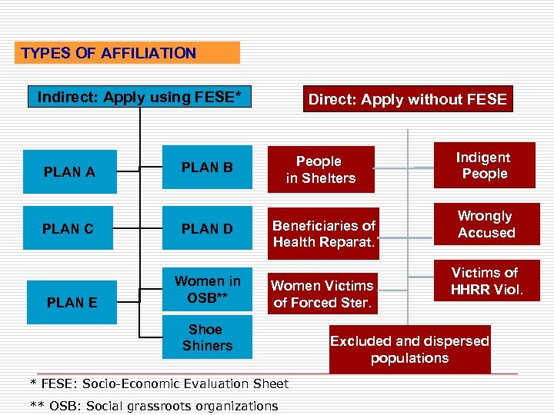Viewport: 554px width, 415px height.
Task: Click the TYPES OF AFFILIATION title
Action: [108, 53]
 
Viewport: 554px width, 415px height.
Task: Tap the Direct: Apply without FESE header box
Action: [407, 99]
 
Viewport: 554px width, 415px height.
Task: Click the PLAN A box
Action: [69, 172]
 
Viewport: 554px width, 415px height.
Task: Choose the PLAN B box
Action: [207, 167]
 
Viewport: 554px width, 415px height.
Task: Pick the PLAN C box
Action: [68, 228]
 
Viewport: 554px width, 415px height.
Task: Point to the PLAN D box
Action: [207, 228]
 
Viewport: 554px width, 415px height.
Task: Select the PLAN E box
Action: [72, 302]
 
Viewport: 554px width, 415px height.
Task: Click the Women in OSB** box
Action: [207, 290]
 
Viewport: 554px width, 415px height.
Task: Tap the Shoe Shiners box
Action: [207, 337]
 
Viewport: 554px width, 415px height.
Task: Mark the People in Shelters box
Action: [321, 170]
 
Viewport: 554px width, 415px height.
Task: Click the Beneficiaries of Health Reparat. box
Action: [324, 234]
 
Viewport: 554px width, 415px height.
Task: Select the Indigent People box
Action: [483, 165]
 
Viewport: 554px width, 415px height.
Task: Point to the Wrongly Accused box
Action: [486, 224]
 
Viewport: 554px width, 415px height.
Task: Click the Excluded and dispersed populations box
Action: [409, 350]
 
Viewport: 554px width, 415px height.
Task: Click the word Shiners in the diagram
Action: [207, 346]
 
